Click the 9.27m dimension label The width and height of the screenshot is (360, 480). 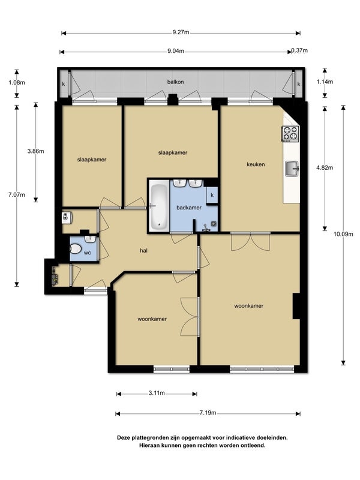(x=181, y=32)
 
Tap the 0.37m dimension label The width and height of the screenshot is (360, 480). (x=299, y=50)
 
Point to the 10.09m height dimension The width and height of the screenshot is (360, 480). (x=343, y=234)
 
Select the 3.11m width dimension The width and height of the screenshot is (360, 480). (x=157, y=393)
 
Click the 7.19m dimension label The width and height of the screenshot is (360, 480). (x=208, y=413)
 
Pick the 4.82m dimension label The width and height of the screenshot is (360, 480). (x=325, y=167)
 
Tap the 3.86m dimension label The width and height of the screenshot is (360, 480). (x=35, y=151)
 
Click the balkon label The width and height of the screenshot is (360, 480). (x=175, y=82)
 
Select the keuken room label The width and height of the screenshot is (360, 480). (x=256, y=164)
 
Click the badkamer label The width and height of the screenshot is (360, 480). (x=189, y=208)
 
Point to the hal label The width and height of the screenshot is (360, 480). (x=143, y=250)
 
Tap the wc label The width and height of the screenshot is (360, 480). (x=88, y=253)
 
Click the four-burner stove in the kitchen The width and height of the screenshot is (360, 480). (x=290, y=133)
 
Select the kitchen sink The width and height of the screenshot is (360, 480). (x=292, y=169)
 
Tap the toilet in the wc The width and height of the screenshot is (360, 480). (x=76, y=248)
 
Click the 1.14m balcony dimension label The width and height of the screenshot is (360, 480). (x=325, y=82)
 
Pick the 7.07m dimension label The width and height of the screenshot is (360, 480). (x=17, y=194)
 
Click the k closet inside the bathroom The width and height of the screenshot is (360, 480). (x=212, y=195)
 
